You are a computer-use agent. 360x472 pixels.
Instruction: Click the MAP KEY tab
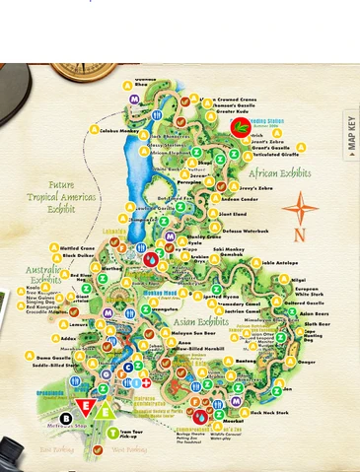(x=350, y=135)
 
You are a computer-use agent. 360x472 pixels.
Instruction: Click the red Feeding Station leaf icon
(x=241, y=126)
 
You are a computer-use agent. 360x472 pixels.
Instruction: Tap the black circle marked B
(x=65, y=418)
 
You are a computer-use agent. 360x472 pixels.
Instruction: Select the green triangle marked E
(x=104, y=408)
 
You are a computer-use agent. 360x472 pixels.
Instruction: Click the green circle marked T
(x=112, y=433)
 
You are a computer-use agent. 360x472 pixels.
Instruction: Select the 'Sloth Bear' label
(x=316, y=323)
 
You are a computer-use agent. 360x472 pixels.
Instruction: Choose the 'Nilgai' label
(x=298, y=280)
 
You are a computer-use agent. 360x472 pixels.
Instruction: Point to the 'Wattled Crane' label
(x=76, y=247)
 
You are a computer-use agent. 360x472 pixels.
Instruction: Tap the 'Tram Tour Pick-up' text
(x=135, y=435)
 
